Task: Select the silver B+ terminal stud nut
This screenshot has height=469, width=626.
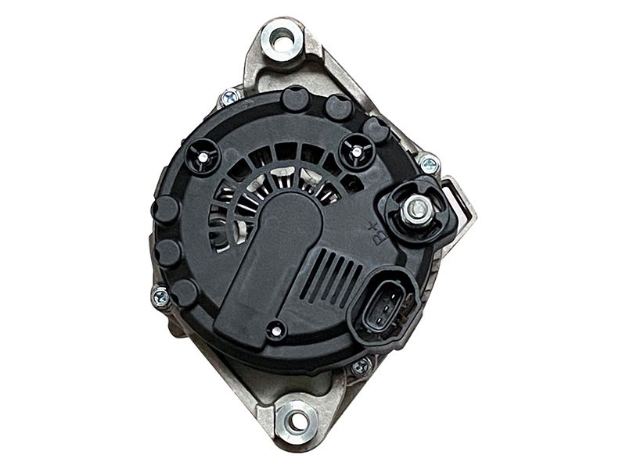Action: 417,208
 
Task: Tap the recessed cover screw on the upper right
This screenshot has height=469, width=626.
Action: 357,149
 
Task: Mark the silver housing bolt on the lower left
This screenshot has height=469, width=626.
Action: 160,296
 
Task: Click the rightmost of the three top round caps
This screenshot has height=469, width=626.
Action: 376,130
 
